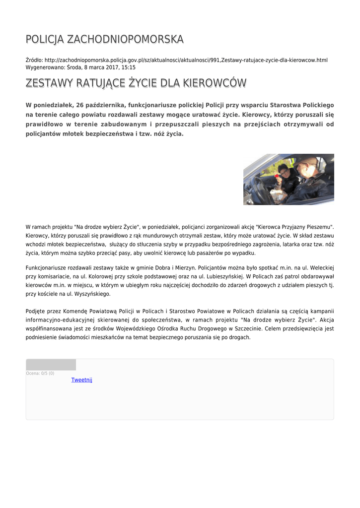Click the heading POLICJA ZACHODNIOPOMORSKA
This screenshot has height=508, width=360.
pyautogui.click(x=104, y=39)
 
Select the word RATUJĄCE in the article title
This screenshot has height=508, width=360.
pyautogui.click(x=98, y=83)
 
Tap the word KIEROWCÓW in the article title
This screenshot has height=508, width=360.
pyautogui.click(x=215, y=83)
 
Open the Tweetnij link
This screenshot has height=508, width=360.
pyautogui.click(x=81, y=380)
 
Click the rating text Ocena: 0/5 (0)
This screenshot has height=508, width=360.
pyautogui.click(x=40, y=373)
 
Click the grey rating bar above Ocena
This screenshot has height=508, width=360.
pyautogui.click(x=51, y=365)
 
